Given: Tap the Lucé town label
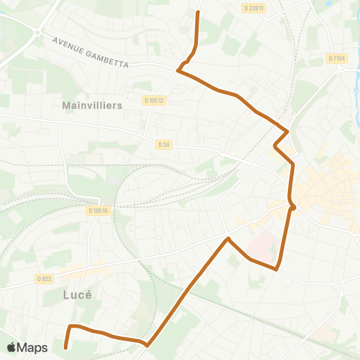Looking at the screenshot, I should point(73,295).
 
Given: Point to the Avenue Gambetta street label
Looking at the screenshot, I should point(91,52).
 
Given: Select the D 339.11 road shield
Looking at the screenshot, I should point(254,7).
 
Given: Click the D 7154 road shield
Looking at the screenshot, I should point(336,58).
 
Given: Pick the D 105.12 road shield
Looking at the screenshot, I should point(153,100).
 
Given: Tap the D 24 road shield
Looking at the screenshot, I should point(164,144).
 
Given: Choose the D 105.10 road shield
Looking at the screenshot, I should point(98,211).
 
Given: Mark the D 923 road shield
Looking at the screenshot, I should point(44,279).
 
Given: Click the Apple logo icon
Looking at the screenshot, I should point(12,347).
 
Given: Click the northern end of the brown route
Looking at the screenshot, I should point(197,12).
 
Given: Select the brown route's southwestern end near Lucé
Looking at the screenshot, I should point(66,347).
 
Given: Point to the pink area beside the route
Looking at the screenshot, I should point(259,244).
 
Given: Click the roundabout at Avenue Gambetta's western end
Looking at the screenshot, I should point(35,32).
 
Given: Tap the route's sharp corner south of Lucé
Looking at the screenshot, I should point(147,346).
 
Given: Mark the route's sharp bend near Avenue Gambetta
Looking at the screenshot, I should point(178,71).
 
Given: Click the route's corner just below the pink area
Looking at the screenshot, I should point(277,268).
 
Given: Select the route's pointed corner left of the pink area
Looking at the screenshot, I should point(228,238).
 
